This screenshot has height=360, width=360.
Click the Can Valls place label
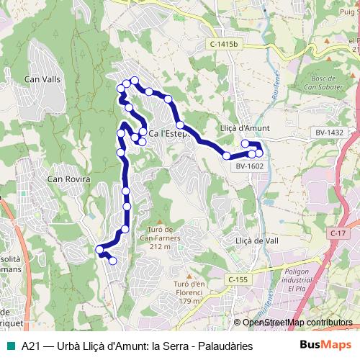click(42, 79)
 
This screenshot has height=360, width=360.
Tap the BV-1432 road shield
click(329, 132)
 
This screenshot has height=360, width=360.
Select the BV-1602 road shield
click(249, 167)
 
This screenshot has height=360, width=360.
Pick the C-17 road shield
click(340, 234)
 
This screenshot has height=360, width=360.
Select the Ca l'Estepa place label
click(171, 133)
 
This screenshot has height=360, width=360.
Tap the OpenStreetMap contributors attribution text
click(297, 323)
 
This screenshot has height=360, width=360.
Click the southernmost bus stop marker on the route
click(113, 261)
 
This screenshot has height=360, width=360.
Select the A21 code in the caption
click(31, 346)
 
